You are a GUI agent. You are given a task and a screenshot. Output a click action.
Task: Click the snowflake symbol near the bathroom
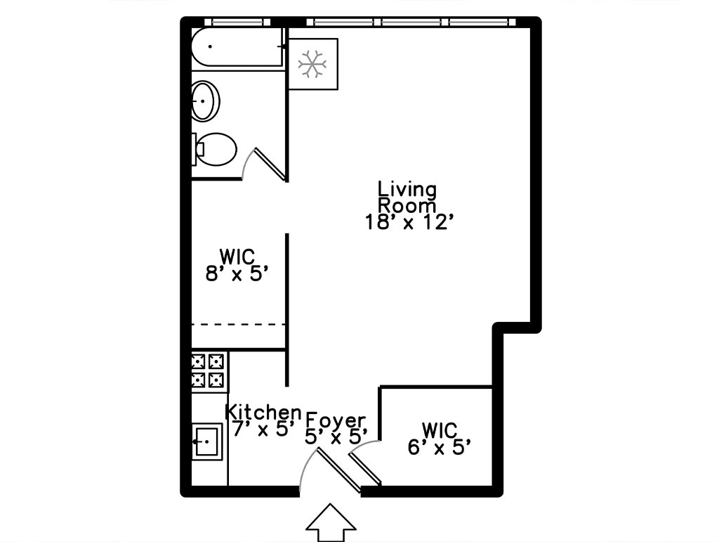point(312,63)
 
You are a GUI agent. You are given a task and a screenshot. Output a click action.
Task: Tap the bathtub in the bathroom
point(237,47)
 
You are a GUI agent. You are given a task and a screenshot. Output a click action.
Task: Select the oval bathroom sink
point(205,101)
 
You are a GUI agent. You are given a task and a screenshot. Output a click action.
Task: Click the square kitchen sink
point(207,442)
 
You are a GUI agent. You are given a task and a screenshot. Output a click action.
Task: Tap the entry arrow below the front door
point(331,523)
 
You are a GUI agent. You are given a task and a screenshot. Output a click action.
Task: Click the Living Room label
point(407,197)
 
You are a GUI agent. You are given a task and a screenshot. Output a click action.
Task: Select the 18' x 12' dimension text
point(409,222)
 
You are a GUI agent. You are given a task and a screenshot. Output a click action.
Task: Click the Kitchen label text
point(263,412)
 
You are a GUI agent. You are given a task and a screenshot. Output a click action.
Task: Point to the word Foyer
point(336,420)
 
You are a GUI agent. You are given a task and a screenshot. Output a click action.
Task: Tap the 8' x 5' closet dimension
point(237,274)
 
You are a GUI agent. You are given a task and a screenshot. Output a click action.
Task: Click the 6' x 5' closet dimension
point(440,447)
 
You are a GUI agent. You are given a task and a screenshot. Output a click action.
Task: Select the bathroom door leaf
point(270,163)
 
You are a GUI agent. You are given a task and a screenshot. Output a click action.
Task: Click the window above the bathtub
point(237,22)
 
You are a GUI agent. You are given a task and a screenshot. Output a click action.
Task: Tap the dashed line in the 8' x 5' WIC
point(239,325)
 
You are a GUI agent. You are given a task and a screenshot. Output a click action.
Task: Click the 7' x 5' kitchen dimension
point(263,429)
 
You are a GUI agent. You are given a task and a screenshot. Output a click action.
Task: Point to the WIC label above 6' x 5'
point(440,430)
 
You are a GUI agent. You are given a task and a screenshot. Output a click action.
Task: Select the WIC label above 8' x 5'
point(237,257)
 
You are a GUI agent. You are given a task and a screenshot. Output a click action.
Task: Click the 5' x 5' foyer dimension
point(336,437)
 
